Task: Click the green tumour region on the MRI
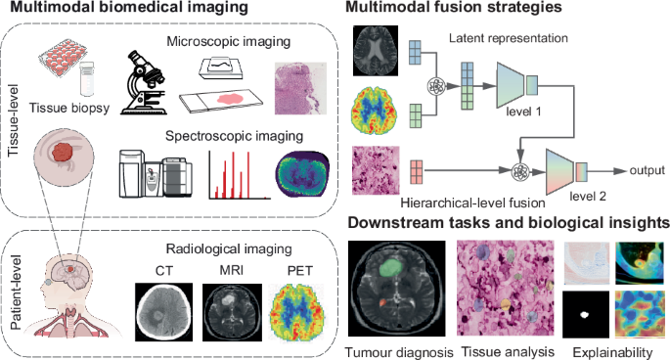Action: coord(391,262)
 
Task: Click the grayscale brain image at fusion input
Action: coord(375,48)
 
